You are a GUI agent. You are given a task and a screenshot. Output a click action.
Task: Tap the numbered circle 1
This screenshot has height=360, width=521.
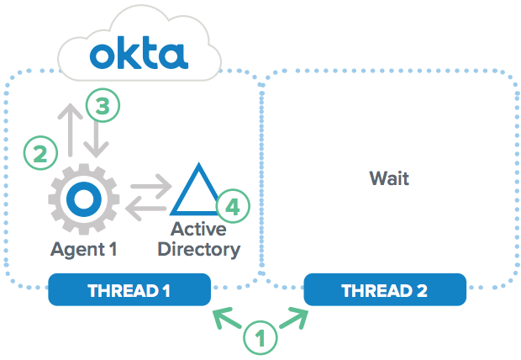coord(260,338)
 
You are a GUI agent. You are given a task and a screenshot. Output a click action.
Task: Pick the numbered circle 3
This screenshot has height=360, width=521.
coord(103,106)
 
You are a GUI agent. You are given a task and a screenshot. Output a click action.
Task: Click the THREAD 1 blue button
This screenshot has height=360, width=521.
coord(129,290)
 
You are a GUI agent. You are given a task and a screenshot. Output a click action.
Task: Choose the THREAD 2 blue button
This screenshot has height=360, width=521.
coord(384,290)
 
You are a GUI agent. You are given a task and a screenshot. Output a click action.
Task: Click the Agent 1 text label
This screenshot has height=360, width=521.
coord(83,249)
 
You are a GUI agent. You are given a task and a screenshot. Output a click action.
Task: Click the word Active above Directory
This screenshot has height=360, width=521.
coord(199,229)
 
